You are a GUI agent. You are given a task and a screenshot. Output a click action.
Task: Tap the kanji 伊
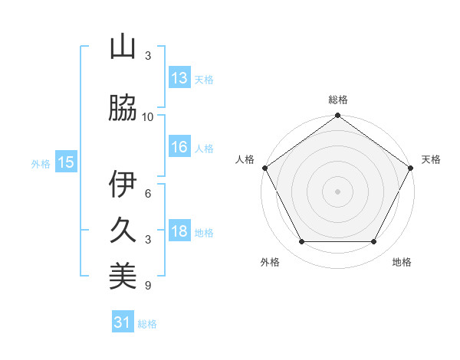tap(123, 184)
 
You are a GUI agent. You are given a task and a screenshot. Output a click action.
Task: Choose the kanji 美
tap(123, 277)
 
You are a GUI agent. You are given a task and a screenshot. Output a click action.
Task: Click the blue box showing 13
tap(179, 78)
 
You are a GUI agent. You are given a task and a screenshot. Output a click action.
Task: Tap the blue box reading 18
tap(179, 232)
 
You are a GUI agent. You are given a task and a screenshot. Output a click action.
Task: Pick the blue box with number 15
tap(66, 162)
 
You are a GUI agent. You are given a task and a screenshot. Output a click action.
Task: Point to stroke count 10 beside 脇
tap(148, 116)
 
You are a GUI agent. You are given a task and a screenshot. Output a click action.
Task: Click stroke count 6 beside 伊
tap(148, 194)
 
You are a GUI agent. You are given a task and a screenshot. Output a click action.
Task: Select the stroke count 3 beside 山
tap(148, 56)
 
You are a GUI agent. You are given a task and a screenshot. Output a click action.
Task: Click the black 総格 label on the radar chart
tap(338, 100)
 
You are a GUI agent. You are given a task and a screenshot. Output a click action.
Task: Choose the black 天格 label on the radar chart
tap(431, 159)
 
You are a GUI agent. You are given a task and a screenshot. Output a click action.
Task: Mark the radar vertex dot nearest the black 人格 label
tap(264, 168)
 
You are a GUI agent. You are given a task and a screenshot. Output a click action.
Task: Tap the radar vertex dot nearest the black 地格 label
tap(374, 242)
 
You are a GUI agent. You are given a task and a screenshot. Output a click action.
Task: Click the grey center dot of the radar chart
tap(337, 191)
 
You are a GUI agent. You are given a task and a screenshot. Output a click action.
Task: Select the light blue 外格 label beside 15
tap(41, 163)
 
